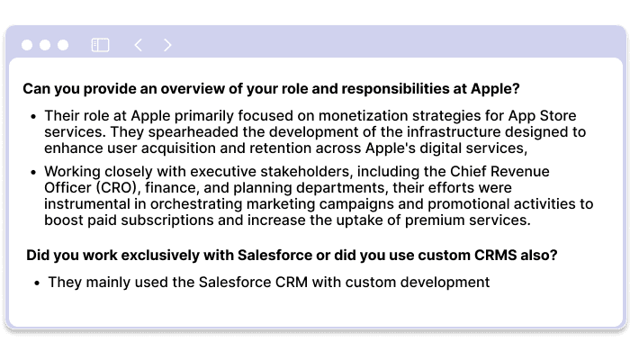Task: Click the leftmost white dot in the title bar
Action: [27, 45]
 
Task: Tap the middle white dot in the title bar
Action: [44, 45]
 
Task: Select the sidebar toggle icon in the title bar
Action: [100, 45]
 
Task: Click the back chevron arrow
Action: [138, 45]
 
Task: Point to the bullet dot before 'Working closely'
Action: [34, 172]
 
